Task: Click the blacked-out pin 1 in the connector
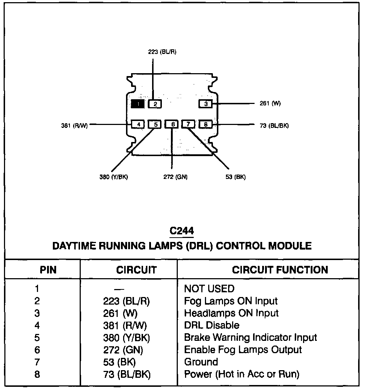click(138, 104)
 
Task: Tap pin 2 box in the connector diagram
click(155, 104)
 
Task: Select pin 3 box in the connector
click(206, 104)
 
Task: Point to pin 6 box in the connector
click(172, 124)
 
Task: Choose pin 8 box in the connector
click(206, 125)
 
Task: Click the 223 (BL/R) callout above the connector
click(162, 52)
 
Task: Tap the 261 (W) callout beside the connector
click(270, 103)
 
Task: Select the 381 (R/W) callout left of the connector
click(75, 126)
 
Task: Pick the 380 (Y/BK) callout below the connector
click(114, 177)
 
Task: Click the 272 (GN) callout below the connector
click(176, 177)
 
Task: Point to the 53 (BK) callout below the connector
click(235, 177)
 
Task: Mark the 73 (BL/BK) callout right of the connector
click(274, 126)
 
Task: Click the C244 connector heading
click(181, 231)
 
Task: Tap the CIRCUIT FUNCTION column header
click(280, 270)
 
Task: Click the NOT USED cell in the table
click(209, 289)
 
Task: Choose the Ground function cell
click(201, 362)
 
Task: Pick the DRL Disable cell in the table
click(211, 325)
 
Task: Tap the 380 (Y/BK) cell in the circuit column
click(126, 338)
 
